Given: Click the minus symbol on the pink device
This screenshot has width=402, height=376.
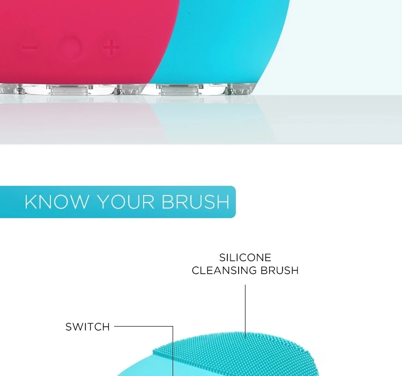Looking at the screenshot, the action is click(29, 48).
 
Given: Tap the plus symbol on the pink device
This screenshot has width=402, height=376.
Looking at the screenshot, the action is click(111, 47).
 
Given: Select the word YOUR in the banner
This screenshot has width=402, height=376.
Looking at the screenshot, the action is click(125, 202).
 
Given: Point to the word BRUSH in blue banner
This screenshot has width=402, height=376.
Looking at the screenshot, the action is click(195, 202).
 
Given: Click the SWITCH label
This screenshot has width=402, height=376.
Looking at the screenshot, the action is click(88, 327).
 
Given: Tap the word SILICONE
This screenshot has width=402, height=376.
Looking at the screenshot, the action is click(245, 257).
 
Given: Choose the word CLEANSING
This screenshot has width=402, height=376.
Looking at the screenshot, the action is click(225, 270).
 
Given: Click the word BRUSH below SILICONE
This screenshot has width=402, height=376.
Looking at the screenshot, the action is click(280, 270).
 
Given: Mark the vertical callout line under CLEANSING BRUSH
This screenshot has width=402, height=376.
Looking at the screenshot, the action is click(245, 312).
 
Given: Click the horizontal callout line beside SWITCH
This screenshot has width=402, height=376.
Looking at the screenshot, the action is click(144, 327).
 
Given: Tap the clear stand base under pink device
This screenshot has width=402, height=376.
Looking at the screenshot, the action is click(72, 89).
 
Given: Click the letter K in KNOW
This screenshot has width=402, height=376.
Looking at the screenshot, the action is click(31, 202).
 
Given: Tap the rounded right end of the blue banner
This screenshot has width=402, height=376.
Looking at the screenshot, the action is click(233, 202).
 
